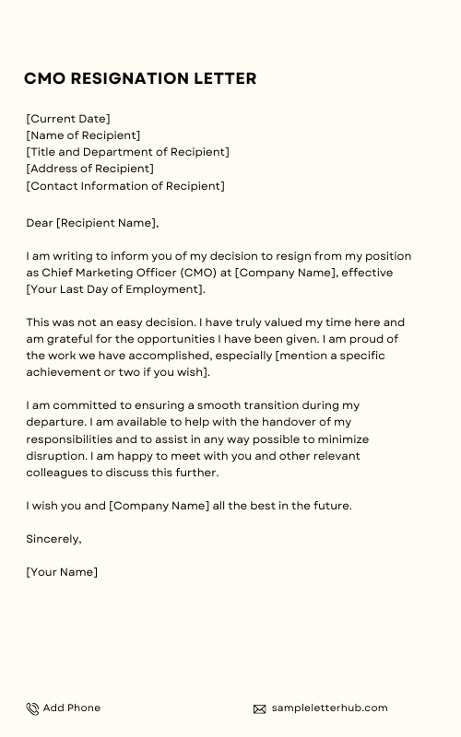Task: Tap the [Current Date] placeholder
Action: tap(68, 119)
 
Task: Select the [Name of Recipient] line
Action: tap(83, 135)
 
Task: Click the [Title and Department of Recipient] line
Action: tap(127, 152)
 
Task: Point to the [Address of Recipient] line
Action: tap(89, 169)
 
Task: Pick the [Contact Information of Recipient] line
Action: tap(125, 185)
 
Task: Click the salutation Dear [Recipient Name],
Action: tap(92, 223)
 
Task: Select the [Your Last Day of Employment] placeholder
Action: tap(115, 289)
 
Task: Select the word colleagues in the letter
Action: tap(59, 472)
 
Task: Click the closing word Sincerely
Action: tap(53, 539)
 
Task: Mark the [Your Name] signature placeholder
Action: tap(62, 572)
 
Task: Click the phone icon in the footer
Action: tap(32, 708)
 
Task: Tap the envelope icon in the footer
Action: tap(260, 708)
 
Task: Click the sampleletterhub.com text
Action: tap(329, 708)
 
